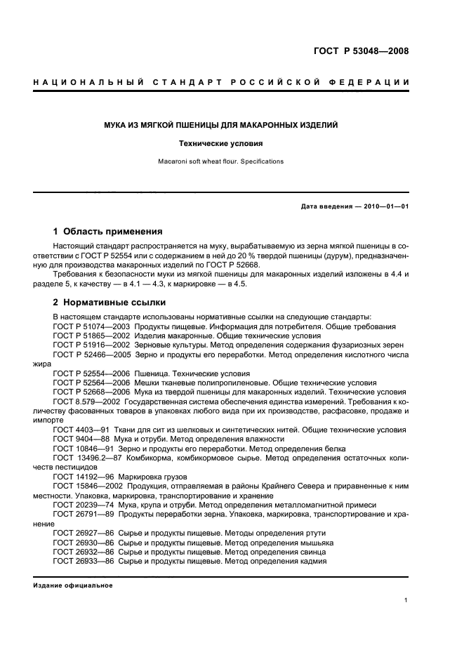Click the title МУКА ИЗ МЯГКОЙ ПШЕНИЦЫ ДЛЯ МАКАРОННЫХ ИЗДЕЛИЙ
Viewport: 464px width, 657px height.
tap(221, 125)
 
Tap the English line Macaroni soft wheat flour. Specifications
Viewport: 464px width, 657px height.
tap(220, 161)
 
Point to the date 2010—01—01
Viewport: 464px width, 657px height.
tap(385, 206)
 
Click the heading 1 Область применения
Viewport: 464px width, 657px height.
tap(108, 232)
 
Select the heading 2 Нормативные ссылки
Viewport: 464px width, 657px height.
tap(110, 303)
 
